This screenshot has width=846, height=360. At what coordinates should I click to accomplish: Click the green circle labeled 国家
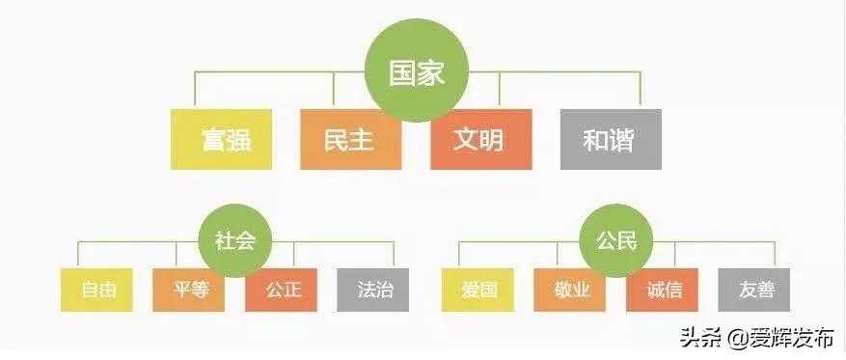pyautogui.click(x=417, y=74)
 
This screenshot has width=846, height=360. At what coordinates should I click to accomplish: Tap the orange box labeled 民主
pyautogui.click(x=350, y=139)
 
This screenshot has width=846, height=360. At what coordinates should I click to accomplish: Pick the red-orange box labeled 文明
pyautogui.click(x=479, y=139)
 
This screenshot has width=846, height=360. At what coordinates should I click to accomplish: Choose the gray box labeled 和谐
pyautogui.click(x=610, y=139)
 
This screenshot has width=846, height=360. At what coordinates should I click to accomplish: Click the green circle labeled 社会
pyautogui.click(x=234, y=240)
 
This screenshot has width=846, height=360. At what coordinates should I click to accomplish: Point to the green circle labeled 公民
pyautogui.click(x=614, y=240)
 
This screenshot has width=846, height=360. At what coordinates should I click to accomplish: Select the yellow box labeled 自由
pyautogui.click(x=96, y=290)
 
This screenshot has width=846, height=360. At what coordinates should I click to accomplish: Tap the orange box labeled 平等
pyautogui.click(x=188, y=290)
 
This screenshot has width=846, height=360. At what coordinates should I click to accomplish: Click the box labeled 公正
pyautogui.click(x=281, y=290)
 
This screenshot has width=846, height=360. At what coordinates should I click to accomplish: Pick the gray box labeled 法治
pyautogui.click(x=373, y=290)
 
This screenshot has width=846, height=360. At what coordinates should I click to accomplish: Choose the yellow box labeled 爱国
pyautogui.click(x=478, y=290)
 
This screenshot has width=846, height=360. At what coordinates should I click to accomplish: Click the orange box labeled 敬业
pyautogui.click(x=569, y=290)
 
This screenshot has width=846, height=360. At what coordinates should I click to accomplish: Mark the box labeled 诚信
pyautogui.click(x=662, y=290)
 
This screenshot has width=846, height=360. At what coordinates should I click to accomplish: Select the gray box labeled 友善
pyautogui.click(x=753, y=290)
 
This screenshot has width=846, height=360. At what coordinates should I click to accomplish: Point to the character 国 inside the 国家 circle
pyautogui.click(x=402, y=74)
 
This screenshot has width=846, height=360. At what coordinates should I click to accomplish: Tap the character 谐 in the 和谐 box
pyautogui.click(x=623, y=139)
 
